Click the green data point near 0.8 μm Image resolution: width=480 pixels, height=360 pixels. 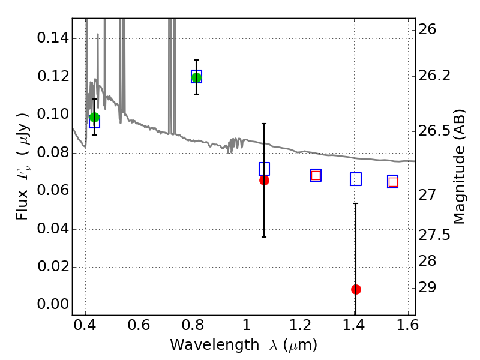point(196,77)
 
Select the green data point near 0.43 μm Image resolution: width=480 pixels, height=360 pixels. point(94,117)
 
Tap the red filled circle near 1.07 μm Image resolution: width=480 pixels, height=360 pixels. point(264,180)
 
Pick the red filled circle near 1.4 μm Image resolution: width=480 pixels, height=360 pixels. point(356,289)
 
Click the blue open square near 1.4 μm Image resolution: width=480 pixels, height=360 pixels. point(356,179)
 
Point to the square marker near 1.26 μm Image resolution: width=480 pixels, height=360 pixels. point(316,175)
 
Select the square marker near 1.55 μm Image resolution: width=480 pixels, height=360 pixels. point(393,182)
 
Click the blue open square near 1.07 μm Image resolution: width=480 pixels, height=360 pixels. point(264,169)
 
